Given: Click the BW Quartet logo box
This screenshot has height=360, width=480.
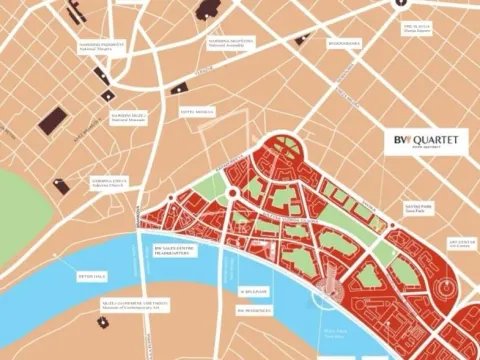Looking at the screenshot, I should point(425,143).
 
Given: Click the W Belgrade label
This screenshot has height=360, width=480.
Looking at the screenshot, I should point(252,291).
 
